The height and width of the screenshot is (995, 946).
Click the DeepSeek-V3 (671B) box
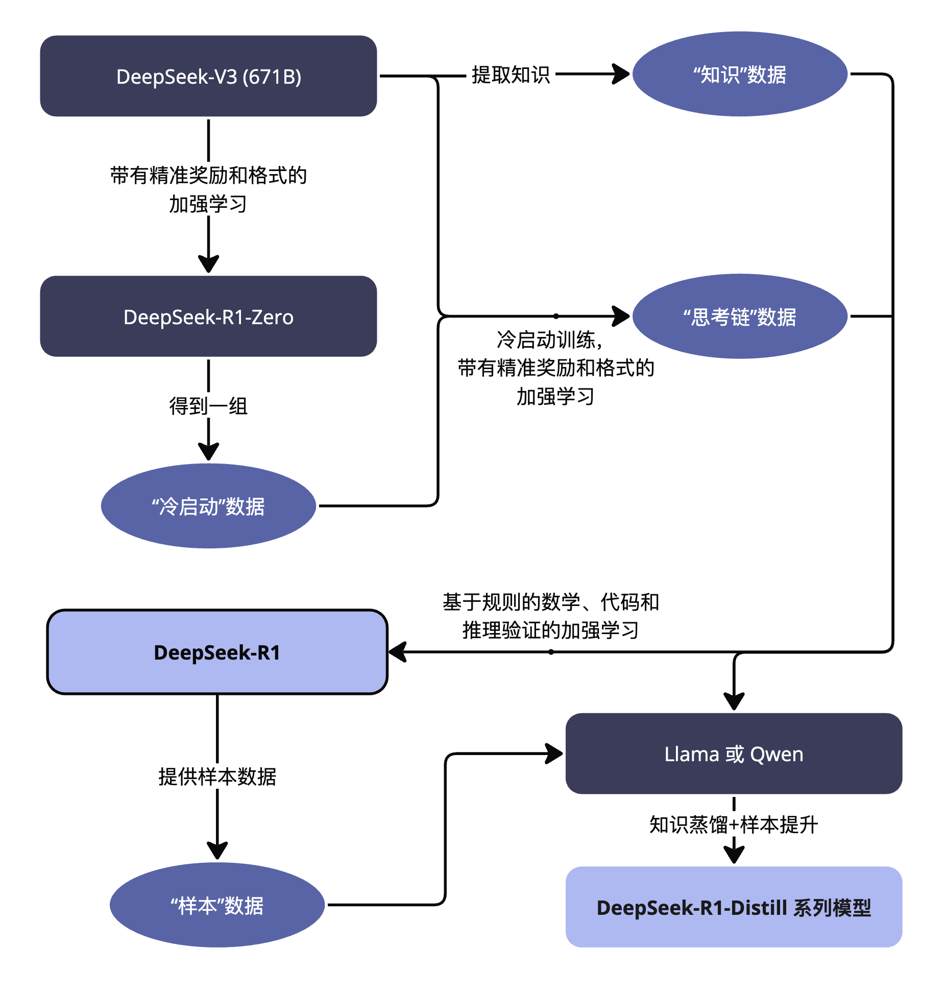[x=208, y=76]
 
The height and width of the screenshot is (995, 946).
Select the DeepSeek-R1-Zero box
[x=208, y=317]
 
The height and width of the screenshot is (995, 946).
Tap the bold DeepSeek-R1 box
[x=217, y=652]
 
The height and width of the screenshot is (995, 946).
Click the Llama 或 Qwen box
[x=734, y=754]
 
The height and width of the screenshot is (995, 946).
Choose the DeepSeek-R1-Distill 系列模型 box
[x=734, y=907]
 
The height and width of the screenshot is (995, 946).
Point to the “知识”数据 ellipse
[x=740, y=75]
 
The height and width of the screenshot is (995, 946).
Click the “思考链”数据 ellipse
[x=740, y=317]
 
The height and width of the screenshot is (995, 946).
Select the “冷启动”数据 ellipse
[x=208, y=506]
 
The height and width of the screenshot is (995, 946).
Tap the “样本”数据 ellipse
[x=217, y=905]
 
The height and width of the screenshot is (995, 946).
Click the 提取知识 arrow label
[x=511, y=75]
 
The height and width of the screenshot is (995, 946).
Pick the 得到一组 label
[x=208, y=406]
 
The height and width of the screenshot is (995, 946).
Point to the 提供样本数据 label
[x=217, y=776]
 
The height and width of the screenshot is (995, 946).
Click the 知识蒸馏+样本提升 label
[x=734, y=824]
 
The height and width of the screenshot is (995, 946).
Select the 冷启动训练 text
[x=549, y=339]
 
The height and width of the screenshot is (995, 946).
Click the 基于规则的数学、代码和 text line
[x=550, y=602]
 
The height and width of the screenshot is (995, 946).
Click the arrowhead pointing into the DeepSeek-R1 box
[x=398, y=652]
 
